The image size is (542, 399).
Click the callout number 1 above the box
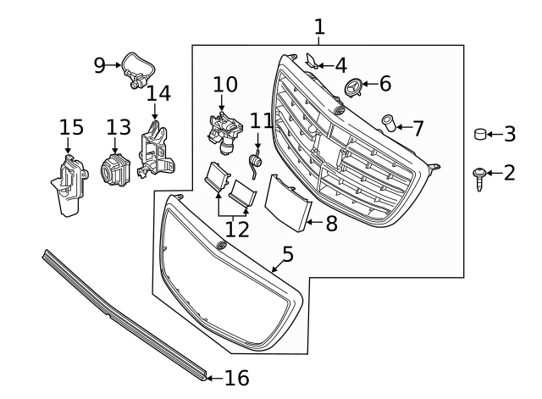tap(319, 26)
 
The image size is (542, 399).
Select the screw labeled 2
tap(479, 177)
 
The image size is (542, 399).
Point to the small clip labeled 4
tap(312, 62)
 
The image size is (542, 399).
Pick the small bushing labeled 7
tap(390, 123)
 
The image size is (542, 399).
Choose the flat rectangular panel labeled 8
tap(286, 202)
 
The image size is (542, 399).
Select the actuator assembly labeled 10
tap(224, 131)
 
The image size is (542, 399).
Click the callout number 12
tap(237, 228)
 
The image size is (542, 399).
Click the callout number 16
tap(237, 377)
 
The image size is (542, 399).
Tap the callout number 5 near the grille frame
tap(288, 252)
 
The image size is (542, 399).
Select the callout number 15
tap(72, 127)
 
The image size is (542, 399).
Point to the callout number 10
tap(225, 84)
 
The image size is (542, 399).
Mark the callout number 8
tap(331, 224)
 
